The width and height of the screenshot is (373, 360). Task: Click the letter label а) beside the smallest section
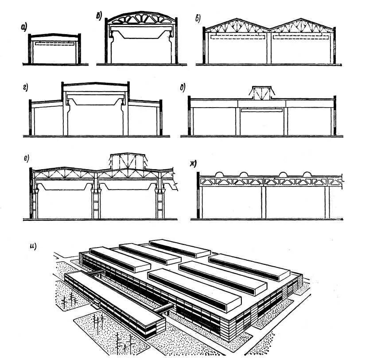[23, 28]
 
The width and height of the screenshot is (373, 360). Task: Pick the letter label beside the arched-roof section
[99, 16]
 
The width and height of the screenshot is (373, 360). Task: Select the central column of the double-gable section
[269, 48]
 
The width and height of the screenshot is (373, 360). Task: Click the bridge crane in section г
[95, 102]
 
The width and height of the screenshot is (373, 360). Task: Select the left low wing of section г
[47, 117]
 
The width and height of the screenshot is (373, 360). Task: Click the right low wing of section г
[145, 117]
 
